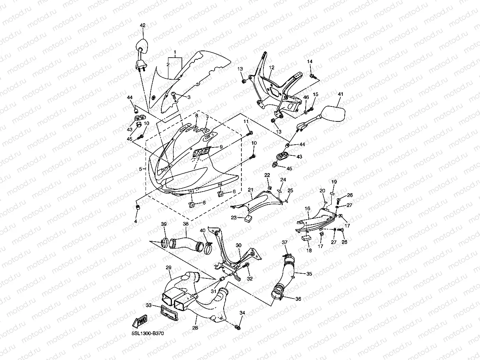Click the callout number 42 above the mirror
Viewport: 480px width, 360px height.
tap(142, 25)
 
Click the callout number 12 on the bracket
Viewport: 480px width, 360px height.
tap(271, 67)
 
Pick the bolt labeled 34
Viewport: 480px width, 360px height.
tap(238, 327)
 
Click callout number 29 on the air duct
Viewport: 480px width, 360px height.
tap(168, 268)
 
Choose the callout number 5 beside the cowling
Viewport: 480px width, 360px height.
tap(140, 169)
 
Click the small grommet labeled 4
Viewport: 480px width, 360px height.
tap(138, 207)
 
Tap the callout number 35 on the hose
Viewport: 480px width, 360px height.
tap(309, 273)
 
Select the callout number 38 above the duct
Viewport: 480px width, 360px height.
tap(185, 224)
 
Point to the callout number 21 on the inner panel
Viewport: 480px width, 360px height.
tap(250, 190)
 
